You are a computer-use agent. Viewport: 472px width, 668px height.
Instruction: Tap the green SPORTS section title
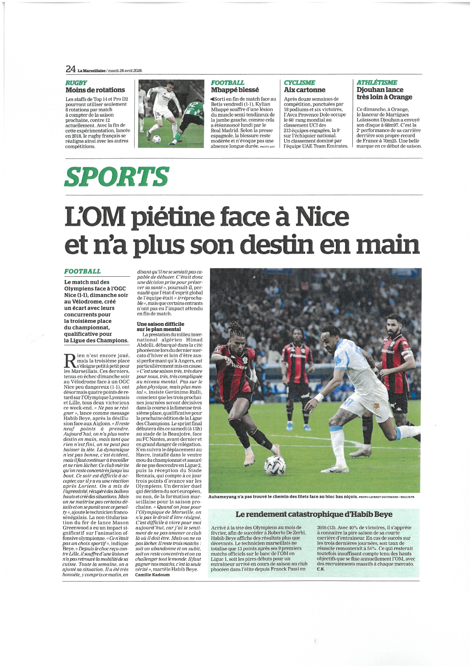(116, 177)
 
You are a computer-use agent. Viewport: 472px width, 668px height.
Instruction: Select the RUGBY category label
(76, 83)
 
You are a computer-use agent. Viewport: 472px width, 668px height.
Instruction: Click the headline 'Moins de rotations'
(95, 90)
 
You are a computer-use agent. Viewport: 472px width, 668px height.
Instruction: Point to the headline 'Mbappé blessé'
(235, 90)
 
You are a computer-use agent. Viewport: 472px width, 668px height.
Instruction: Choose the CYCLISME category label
(299, 83)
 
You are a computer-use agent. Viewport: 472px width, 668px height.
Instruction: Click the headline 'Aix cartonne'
(305, 90)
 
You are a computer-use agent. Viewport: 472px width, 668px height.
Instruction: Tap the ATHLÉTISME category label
(377, 83)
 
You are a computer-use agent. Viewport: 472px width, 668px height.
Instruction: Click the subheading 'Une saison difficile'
(160, 324)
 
